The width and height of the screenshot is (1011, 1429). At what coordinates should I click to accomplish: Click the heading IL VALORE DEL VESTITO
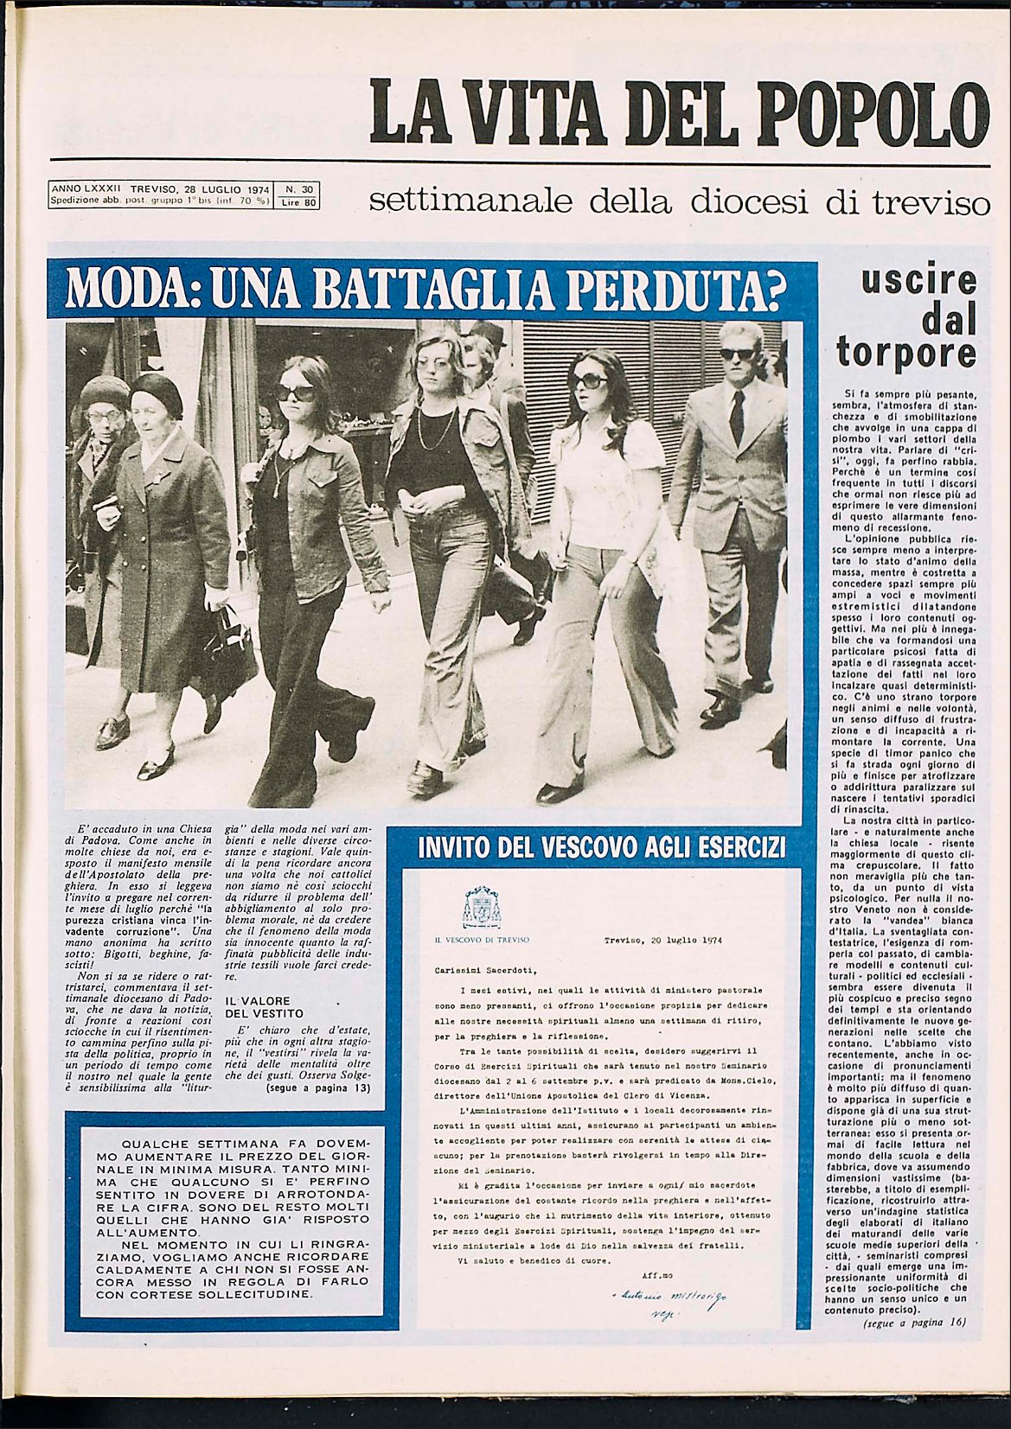pos(264,1006)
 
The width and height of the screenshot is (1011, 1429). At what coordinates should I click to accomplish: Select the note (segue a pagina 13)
pos(318,1088)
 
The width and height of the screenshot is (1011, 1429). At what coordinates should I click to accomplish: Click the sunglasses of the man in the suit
pos(737,353)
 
